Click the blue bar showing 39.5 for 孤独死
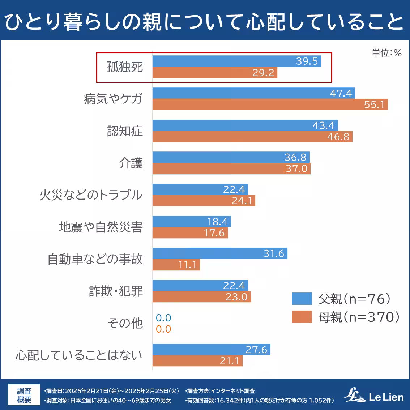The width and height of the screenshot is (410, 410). point(236,61)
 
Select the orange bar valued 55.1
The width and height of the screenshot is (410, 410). point(270,104)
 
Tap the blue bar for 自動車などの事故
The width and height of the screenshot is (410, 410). point(219,253)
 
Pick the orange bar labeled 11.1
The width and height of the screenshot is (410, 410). point(176,265)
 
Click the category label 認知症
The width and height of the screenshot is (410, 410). point(125,131)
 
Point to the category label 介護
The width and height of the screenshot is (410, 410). point(131,163)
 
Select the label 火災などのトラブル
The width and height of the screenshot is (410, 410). point(91,195)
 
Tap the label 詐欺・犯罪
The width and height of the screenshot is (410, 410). point(116,291)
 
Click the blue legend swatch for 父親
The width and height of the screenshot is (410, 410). point(302,299)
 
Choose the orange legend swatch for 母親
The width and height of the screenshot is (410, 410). point(302,317)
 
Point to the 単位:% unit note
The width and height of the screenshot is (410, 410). point(386,53)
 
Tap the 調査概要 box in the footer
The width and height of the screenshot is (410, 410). point(24,395)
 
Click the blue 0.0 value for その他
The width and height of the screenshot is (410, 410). point(163,318)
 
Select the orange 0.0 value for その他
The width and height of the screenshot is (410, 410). point(163,329)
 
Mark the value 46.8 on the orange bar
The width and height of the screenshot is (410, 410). point(338,137)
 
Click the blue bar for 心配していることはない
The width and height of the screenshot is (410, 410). point(211,350)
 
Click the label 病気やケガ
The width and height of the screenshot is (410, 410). point(113,99)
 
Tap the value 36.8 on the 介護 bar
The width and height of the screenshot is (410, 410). point(295,157)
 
